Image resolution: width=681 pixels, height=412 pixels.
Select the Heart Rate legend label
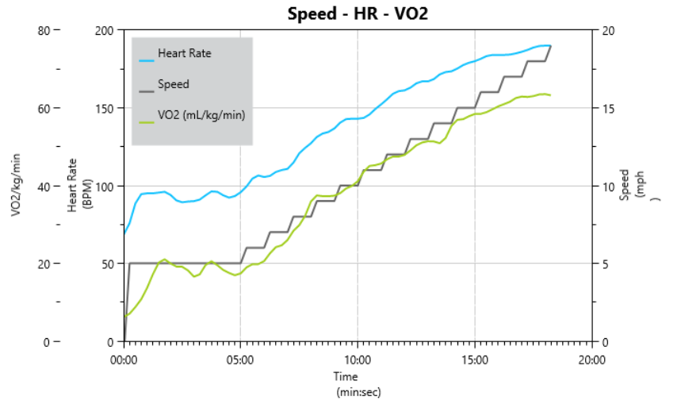pyautogui.click(x=185, y=54)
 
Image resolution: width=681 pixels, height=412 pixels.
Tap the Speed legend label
pyautogui.click(x=173, y=83)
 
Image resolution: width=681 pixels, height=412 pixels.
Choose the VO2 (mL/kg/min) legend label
pyautogui.click(x=201, y=116)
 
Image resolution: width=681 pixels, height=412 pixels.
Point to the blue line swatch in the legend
pyautogui.click(x=147, y=60)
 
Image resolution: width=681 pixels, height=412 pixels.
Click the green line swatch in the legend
pyautogui.click(x=147, y=122)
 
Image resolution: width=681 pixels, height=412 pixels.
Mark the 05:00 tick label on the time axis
pyautogui.click(x=240, y=359)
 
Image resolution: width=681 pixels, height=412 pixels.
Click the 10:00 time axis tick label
pyautogui.click(x=358, y=359)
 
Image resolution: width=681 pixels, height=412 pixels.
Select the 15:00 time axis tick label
pyautogui.click(x=475, y=359)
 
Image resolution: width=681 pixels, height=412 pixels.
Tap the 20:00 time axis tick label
pyautogui.click(x=591, y=359)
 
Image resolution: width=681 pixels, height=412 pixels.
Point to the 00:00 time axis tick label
pyautogui.click(x=124, y=359)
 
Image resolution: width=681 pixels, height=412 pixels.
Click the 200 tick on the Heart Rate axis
pyautogui.click(x=105, y=30)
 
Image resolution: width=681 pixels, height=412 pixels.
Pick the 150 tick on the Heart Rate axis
pyautogui.click(x=105, y=108)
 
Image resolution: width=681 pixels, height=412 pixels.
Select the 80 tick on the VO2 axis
pyautogui.click(x=43, y=30)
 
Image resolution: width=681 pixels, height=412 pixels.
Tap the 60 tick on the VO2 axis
pyautogui.click(x=43, y=108)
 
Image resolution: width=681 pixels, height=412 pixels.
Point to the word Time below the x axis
pyautogui.click(x=346, y=376)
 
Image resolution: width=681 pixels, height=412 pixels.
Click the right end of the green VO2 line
pyautogui.click(x=549, y=95)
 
